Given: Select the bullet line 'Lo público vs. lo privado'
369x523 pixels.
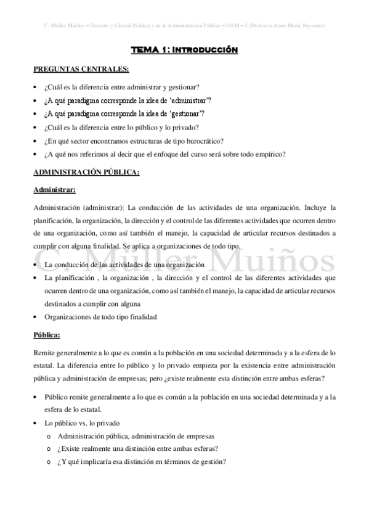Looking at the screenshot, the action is pos(83,423).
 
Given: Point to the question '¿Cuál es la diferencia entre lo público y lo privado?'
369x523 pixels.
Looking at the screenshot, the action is pos(129,128).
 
